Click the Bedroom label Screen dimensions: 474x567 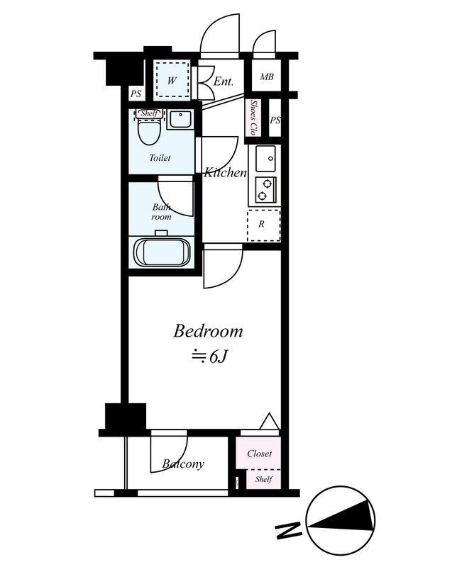(208, 331)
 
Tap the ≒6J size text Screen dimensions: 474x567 (209, 357)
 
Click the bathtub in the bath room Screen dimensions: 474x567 (162, 253)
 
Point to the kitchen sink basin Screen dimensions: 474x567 (265, 158)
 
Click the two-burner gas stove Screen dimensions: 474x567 (265, 189)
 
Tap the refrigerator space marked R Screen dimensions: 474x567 (264, 225)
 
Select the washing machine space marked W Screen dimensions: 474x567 (172, 79)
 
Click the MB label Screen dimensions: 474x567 (267, 77)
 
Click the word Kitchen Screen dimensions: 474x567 (225, 172)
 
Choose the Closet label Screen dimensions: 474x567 (259, 453)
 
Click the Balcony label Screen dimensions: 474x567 (183, 464)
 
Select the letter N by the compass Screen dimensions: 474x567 (289, 529)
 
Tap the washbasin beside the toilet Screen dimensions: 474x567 (180, 120)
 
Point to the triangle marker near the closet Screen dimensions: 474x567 (269, 420)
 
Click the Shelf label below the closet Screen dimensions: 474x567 (264, 480)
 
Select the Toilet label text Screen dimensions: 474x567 (160, 157)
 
